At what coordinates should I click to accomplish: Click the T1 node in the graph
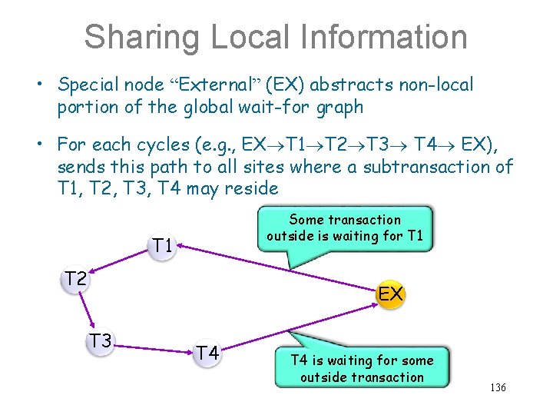coord(161,246)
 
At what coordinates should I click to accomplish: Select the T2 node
coord(75,278)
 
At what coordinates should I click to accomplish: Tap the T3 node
coord(99,340)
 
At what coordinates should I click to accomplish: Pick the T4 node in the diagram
coord(206,353)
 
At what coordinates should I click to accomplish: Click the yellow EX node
coord(390,294)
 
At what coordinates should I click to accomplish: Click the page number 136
coord(498,388)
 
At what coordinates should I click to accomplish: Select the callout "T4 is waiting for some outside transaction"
coord(362,368)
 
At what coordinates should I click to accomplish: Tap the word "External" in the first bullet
coord(217,85)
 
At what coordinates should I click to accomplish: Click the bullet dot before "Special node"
coord(46,85)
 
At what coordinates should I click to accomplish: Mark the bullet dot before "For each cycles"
coord(46,145)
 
